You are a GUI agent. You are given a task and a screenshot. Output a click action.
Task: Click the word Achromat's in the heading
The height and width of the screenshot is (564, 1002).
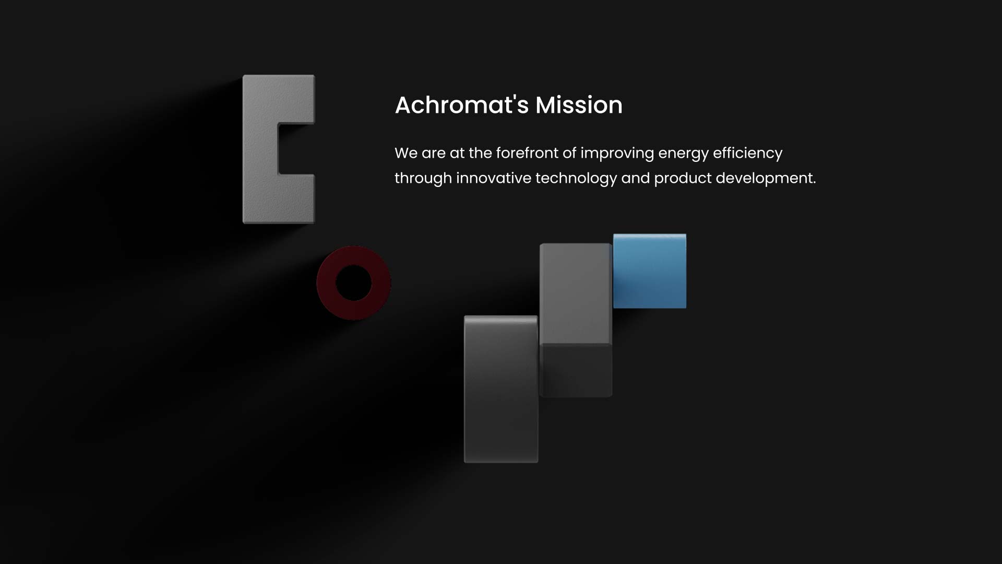462,105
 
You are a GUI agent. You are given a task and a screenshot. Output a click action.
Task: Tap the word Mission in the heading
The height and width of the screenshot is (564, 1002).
579,105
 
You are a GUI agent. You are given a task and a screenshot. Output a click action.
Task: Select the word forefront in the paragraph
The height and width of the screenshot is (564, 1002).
527,153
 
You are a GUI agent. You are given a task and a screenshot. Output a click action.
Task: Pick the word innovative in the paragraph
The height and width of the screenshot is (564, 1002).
494,178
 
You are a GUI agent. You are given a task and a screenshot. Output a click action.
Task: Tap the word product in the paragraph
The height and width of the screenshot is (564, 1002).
683,179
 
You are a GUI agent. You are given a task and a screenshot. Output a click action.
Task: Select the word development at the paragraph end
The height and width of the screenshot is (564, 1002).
766,179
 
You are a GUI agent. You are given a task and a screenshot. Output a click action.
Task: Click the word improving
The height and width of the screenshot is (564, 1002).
617,154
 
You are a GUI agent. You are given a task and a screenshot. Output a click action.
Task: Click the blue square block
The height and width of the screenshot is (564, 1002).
650,271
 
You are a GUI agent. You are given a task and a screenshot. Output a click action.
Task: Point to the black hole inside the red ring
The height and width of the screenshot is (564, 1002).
354,283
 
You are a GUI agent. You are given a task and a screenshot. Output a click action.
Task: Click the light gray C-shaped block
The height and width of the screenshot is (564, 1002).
260,149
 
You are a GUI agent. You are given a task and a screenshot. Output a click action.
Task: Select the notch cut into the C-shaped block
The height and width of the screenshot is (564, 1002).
296,149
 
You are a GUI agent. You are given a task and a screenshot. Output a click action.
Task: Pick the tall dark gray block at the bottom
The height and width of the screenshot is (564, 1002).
501,389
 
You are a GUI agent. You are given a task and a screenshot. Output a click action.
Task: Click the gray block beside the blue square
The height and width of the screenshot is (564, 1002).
576,320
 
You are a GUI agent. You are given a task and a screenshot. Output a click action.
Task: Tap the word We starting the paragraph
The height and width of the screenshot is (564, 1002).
406,153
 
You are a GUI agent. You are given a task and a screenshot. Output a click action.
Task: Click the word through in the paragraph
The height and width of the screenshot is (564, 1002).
423,179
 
